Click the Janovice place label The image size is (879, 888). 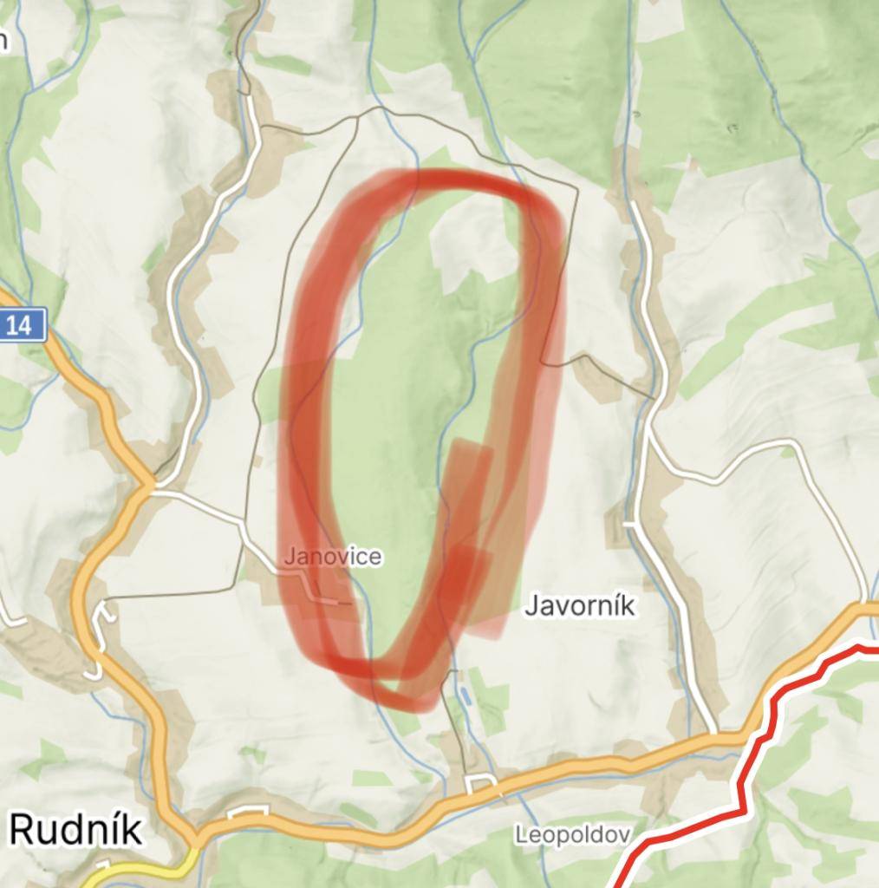pos(332,556)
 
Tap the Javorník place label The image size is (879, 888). pos(579,606)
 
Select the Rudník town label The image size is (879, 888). pos(76,830)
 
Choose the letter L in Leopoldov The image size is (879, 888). pos(521,835)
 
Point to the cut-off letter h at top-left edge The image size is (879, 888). pos(3,41)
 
